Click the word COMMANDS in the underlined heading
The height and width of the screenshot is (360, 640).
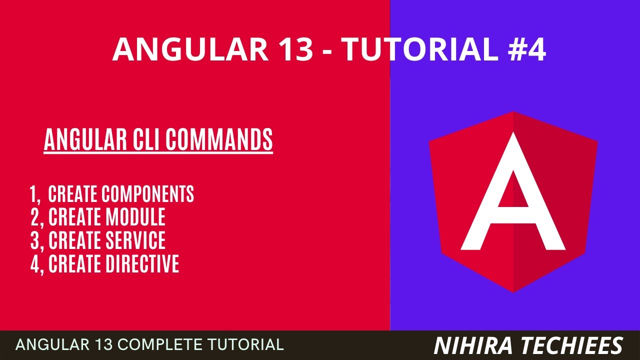tap(219, 140)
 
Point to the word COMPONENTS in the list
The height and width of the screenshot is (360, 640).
tap(148, 194)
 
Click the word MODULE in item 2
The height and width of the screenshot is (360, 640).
tap(135, 217)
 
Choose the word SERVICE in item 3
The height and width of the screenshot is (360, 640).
tap(135, 240)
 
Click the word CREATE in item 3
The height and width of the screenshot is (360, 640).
tap(75, 240)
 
